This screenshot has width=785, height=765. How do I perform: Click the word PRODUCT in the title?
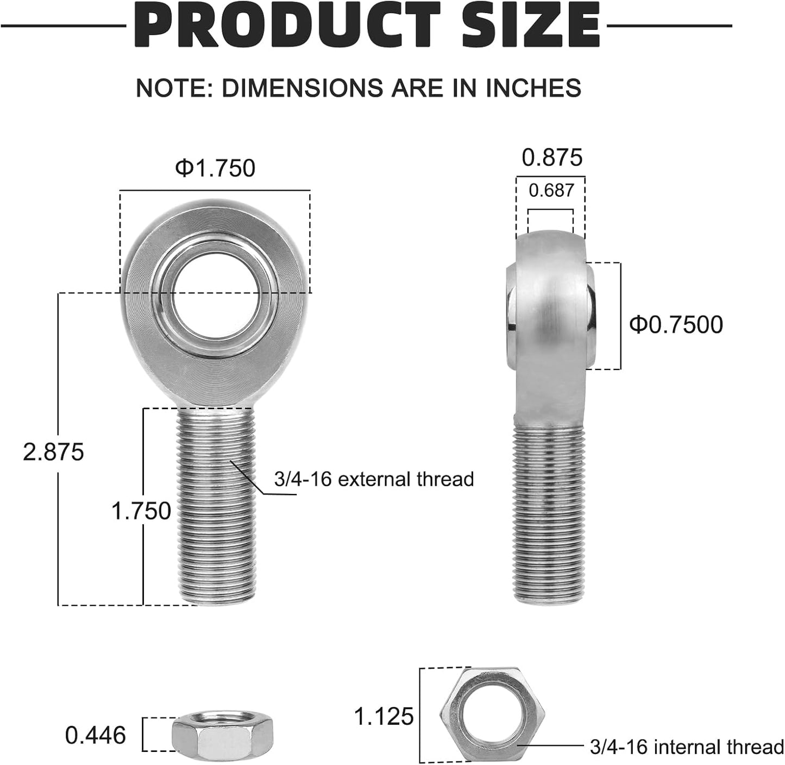(x=287, y=25)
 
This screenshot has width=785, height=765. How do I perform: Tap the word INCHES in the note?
(x=533, y=87)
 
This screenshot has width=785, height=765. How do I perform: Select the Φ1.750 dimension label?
(x=215, y=168)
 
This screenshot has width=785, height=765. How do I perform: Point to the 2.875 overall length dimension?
(x=53, y=452)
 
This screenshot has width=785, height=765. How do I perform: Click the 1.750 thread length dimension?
(x=141, y=511)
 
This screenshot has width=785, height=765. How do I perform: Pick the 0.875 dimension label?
(x=552, y=157)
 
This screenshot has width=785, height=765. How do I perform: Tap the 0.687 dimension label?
(x=551, y=191)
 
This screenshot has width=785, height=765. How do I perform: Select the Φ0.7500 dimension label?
(x=676, y=325)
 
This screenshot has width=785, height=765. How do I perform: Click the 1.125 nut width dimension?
(x=384, y=717)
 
